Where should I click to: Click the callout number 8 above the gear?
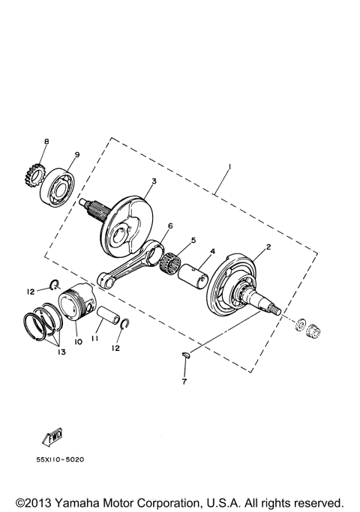[x=46, y=142]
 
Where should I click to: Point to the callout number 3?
[x=153, y=181]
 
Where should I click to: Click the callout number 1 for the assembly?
[x=230, y=166]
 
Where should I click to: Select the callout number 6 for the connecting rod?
[x=170, y=226]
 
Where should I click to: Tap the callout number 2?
[x=268, y=247]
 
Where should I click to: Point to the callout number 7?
[x=184, y=381]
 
